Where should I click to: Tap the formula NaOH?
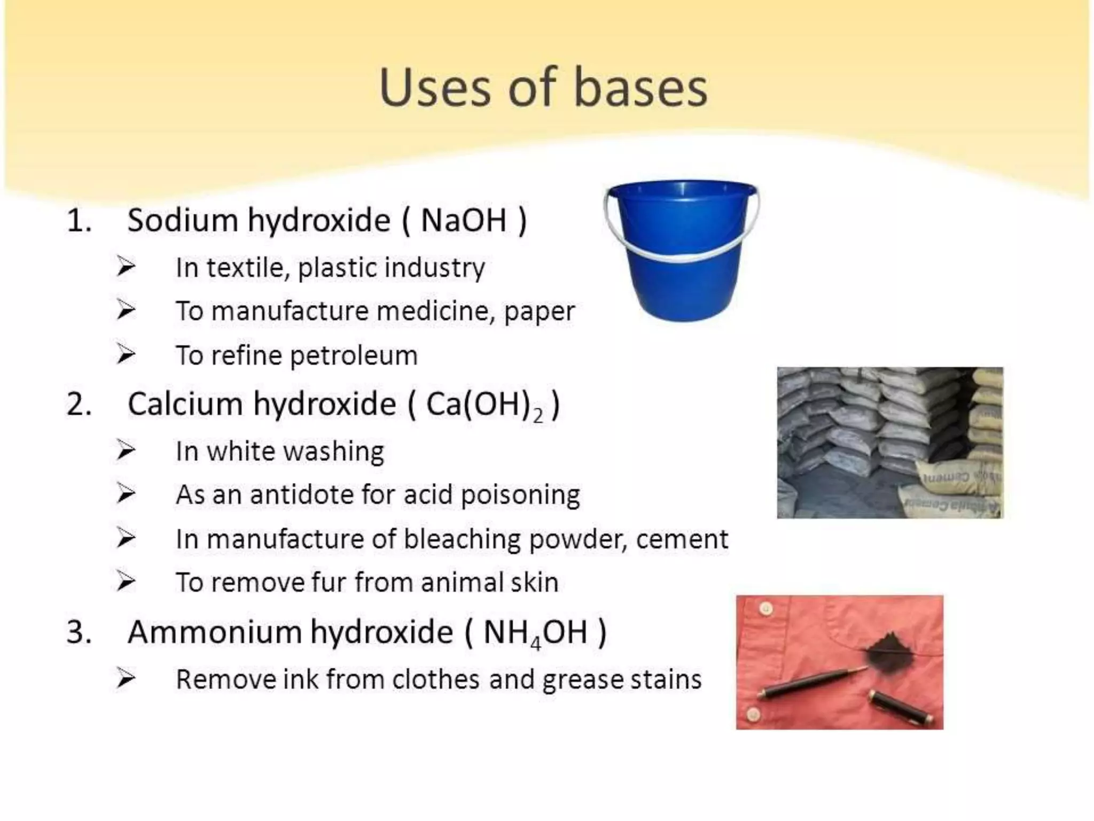coord(463,220)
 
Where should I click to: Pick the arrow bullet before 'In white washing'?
coord(126,451)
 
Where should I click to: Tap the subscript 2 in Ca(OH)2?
coord(538,415)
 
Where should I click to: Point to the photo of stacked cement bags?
coord(889,443)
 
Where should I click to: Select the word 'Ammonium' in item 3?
coord(214,632)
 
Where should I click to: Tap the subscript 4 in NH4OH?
coord(536,644)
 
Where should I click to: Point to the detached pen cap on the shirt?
coord(901,706)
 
